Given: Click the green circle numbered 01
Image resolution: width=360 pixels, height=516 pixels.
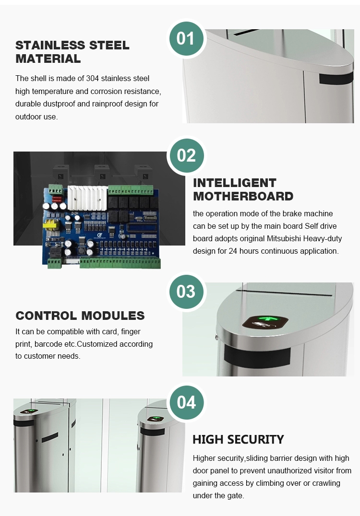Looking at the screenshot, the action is [185, 38].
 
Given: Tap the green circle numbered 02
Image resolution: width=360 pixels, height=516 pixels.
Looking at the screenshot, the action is [186, 155].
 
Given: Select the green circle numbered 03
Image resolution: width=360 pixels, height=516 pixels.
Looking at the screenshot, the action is [186, 292].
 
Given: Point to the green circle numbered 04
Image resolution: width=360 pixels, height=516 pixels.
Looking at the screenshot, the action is [186, 402].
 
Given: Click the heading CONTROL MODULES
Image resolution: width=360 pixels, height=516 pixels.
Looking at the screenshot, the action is [80, 316].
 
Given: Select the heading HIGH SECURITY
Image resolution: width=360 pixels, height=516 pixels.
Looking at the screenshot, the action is [238, 439].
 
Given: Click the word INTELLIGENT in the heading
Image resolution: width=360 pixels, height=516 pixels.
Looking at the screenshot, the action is [235, 183].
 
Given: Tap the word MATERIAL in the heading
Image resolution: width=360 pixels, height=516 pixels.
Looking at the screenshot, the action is [48, 59].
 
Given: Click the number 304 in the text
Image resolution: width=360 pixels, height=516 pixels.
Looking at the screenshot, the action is [93, 78].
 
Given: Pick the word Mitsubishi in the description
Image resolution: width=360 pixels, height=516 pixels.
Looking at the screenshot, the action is [284, 239].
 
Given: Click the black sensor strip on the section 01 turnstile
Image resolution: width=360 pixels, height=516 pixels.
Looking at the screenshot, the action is [336, 78].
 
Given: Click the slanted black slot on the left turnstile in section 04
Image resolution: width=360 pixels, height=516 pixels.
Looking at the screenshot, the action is [50, 437].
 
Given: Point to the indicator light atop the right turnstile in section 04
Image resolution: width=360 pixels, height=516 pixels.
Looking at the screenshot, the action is [156, 419].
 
